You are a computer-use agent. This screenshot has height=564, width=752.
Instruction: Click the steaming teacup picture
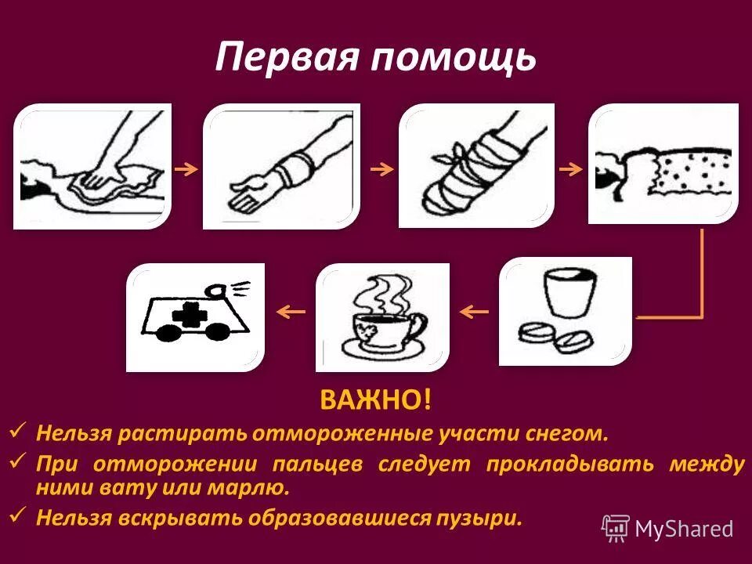click(383, 317)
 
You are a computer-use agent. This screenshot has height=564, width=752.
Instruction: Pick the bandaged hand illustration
click(475, 166)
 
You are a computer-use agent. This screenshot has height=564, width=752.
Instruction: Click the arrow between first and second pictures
click(186, 168)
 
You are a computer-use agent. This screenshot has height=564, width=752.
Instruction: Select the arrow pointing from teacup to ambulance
click(291, 313)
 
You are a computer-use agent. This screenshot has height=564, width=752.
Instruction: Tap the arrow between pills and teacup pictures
click(473, 313)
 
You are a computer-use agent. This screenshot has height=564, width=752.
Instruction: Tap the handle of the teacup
click(418, 324)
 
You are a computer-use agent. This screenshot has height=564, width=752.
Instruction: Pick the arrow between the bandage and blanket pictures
click(570, 168)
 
